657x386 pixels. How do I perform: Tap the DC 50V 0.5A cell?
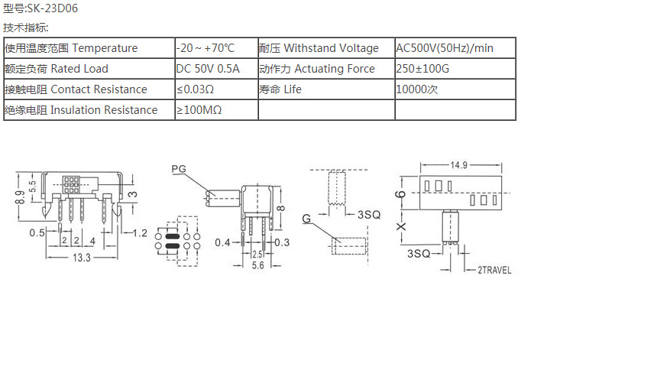click(x=208, y=69)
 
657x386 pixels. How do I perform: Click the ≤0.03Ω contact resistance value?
click(x=195, y=89)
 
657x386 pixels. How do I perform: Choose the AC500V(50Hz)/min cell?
click(x=445, y=48)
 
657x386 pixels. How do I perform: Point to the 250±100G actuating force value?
click(x=423, y=69)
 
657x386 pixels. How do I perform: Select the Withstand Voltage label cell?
click(x=319, y=48)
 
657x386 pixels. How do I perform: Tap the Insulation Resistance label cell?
click(x=81, y=110)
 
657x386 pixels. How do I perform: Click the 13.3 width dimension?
click(x=82, y=258)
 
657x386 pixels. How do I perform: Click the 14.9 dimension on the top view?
click(x=458, y=165)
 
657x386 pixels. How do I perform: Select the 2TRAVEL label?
click(x=494, y=270)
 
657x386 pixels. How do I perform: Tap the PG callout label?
click(x=179, y=168)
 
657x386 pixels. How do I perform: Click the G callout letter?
click(x=306, y=219)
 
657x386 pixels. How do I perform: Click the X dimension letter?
click(x=401, y=226)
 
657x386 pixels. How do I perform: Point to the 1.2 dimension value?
click(x=139, y=232)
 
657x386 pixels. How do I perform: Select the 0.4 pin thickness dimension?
click(x=222, y=242)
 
